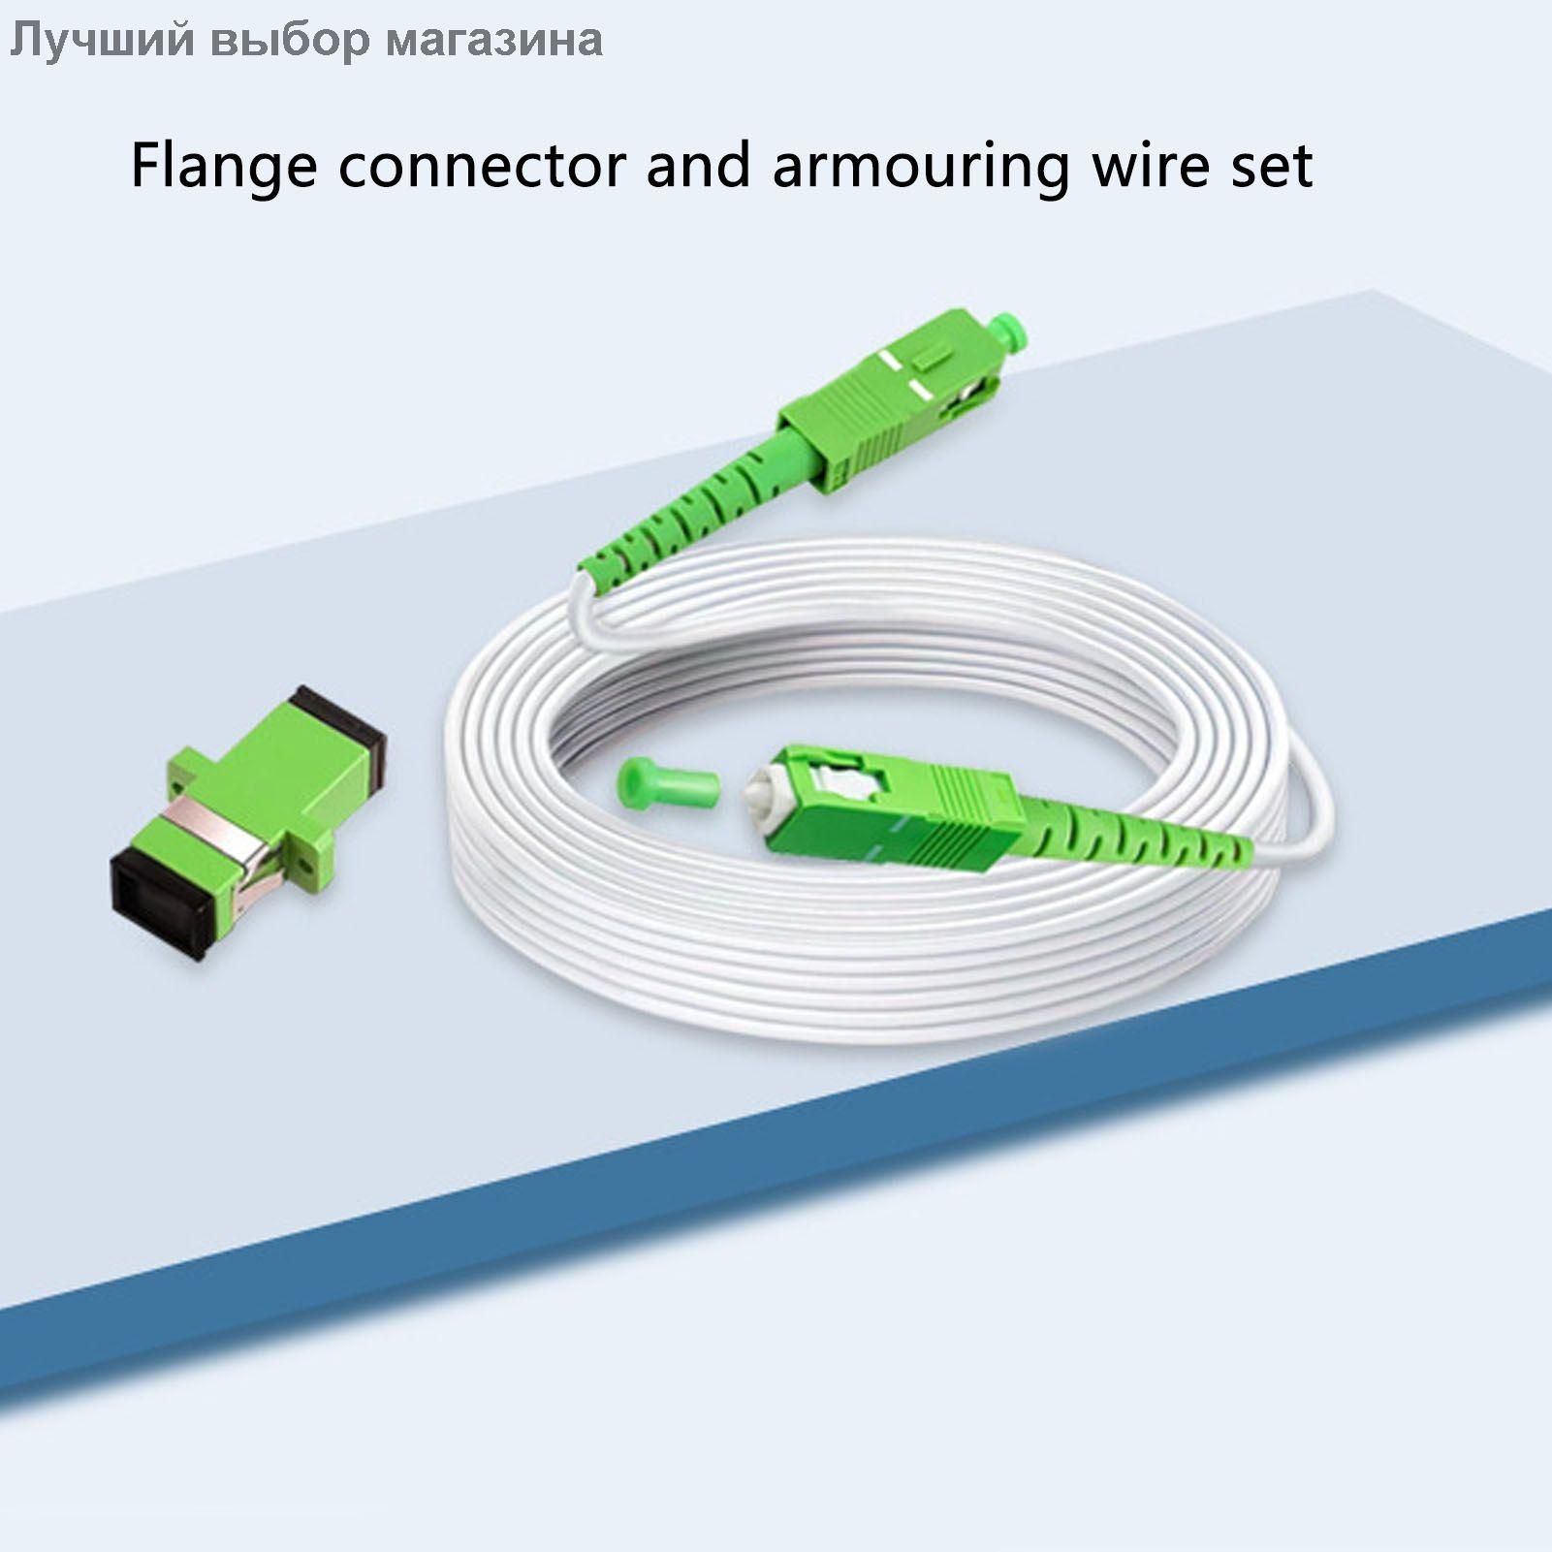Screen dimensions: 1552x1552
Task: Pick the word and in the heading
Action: (x=698, y=165)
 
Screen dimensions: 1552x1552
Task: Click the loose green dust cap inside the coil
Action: (x=666, y=779)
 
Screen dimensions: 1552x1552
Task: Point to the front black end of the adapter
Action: (x=162, y=903)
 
